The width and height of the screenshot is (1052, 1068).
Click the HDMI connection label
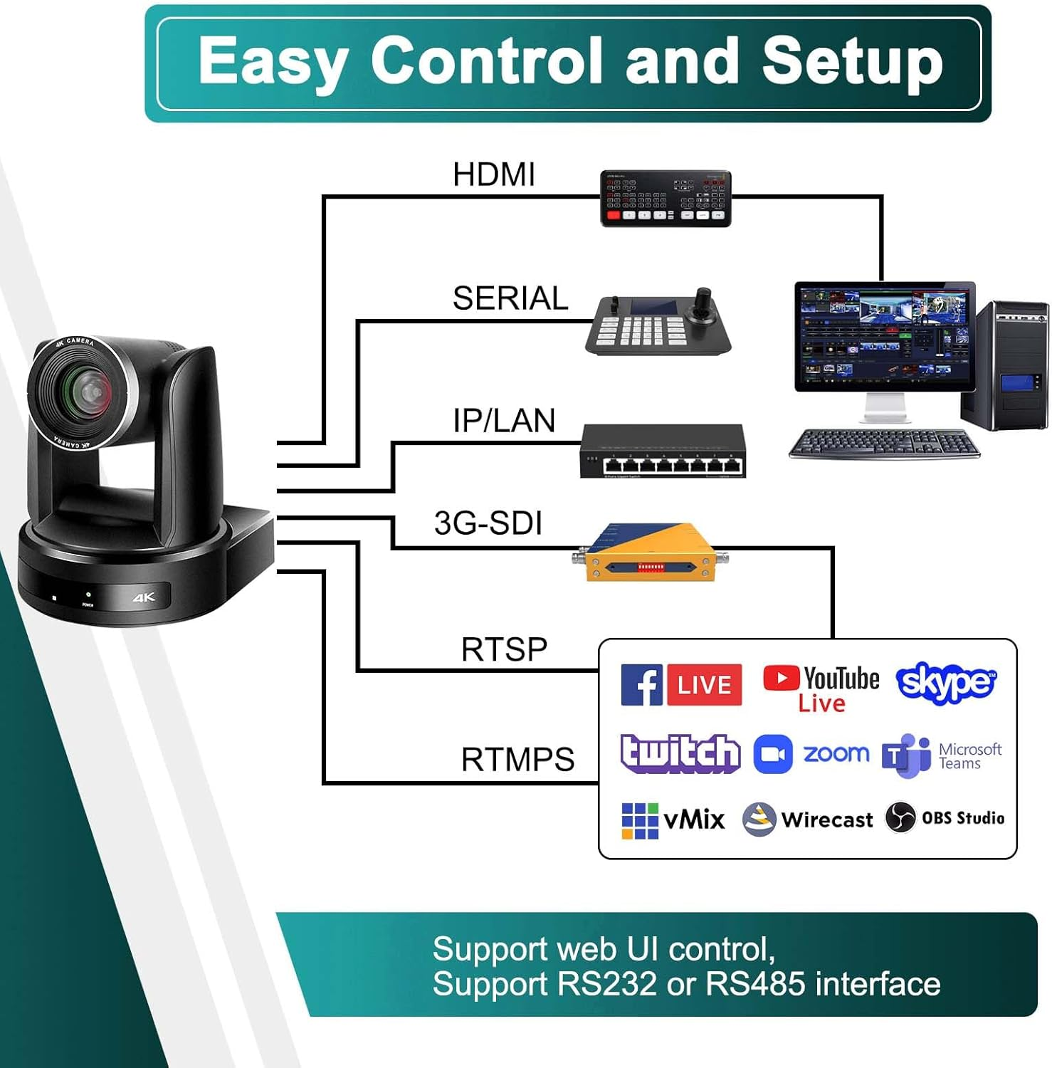(x=494, y=175)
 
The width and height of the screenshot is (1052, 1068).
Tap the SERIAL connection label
(x=510, y=298)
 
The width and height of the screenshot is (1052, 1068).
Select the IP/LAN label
(x=504, y=421)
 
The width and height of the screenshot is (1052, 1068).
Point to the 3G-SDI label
(x=488, y=523)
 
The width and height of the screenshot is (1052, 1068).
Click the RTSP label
(x=504, y=649)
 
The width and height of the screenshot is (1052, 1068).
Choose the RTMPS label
(x=517, y=760)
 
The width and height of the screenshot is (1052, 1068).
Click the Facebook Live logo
(x=681, y=685)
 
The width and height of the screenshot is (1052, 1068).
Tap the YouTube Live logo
(x=821, y=687)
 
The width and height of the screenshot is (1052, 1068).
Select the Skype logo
(x=946, y=683)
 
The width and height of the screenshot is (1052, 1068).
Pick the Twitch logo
(x=680, y=753)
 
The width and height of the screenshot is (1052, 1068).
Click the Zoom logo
(x=811, y=754)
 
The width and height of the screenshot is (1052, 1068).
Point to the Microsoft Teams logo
(x=941, y=755)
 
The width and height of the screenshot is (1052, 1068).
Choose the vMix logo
(x=673, y=820)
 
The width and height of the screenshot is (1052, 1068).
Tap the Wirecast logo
(x=807, y=820)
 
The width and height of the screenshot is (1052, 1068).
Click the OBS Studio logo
(x=945, y=818)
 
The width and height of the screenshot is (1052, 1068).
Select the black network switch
(x=663, y=451)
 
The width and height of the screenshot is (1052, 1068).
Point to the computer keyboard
(x=884, y=444)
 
